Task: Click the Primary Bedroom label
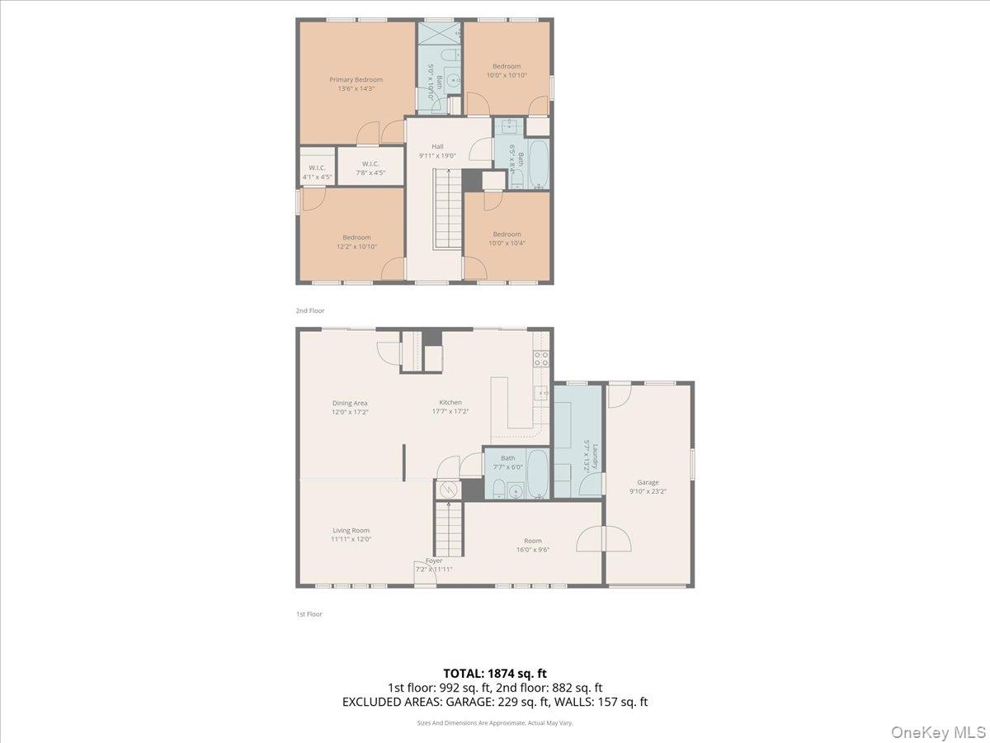pyautogui.click(x=356, y=80)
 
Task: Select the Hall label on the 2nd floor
pyautogui.click(x=437, y=147)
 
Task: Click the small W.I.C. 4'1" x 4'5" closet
pyautogui.click(x=317, y=172)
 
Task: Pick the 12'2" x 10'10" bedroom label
pyautogui.click(x=356, y=242)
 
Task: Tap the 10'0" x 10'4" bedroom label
pyautogui.click(x=507, y=239)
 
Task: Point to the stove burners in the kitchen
pyautogui.click(x=541, y=358)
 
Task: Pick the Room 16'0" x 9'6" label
pyautogui.click(x=532, y=545)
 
